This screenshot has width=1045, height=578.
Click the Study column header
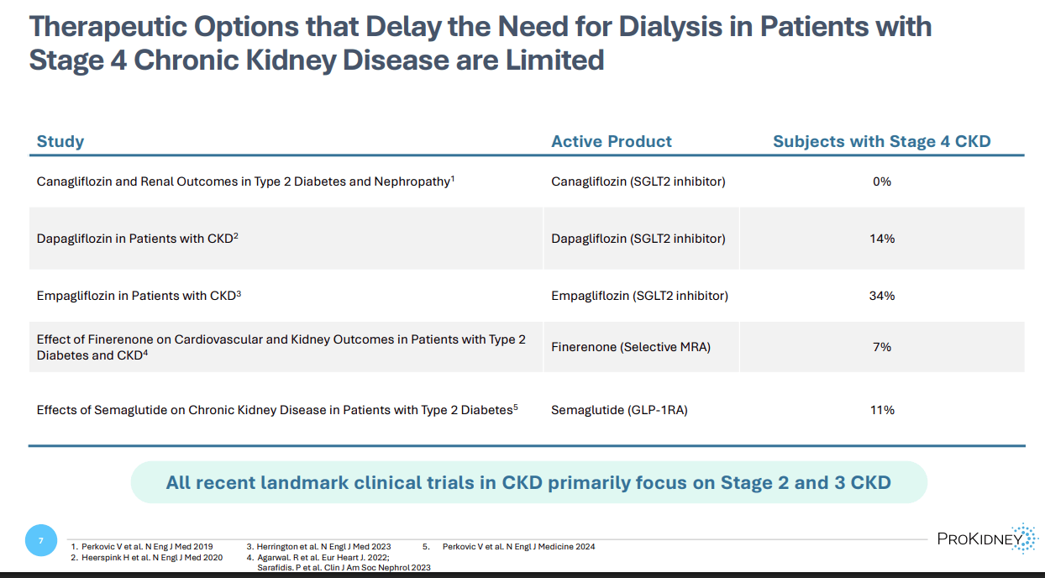pos(60,141)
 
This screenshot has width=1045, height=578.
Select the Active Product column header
pos(611,141)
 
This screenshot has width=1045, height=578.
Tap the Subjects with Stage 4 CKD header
pos(881,141)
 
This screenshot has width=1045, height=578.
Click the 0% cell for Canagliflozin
pos(881,181)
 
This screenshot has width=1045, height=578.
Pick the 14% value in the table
pos(881,239)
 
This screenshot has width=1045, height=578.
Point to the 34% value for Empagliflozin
pos(881,296)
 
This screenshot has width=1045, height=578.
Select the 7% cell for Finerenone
pos(881,347)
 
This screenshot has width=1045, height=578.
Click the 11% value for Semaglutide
pos(881,410)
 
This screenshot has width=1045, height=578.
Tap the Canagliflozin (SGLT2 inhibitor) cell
pos(638,181)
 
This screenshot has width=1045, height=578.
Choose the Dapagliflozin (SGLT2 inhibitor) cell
pos(638,239)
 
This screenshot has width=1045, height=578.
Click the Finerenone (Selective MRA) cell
pos(630,347)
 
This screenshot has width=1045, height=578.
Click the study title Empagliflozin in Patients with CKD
pos(139,296)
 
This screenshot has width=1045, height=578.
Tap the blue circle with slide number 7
pos(41,539)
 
